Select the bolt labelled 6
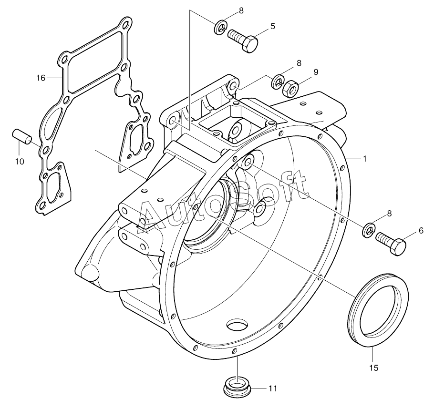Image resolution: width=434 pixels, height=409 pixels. point(392,242)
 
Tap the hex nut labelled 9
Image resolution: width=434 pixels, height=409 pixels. point(291,87)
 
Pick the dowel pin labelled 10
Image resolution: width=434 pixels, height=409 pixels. point(22,135)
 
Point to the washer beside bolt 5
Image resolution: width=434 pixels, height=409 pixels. point(220,27)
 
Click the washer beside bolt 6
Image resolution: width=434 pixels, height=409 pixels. point(369,229)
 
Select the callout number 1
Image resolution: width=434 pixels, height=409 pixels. point(365,159)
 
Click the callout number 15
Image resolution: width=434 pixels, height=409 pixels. point(373,368)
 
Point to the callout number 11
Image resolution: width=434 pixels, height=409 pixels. point(272,389)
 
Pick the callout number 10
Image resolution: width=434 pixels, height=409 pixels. point(19,162)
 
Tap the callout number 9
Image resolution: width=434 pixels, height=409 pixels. point(315,72)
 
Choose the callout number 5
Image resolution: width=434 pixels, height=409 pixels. point(272,26)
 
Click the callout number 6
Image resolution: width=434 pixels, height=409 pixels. point(421,231)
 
